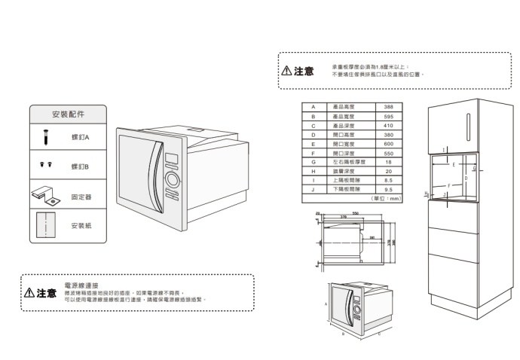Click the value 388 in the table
pyautogui.click(x=388, y=108)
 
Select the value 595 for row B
pyautogui.click(x=388, y=117)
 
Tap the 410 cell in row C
pyautogui.click(x=388, y=126)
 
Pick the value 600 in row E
pyautogui.click(x=388, y=144)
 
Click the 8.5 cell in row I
pyautogui.click(x=388, y=181)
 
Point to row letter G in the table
pyautogui.click(x=312, y=162)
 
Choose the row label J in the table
pyautogui.click(x=312, y=190)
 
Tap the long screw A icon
pyautogui.click(x=45, y=138)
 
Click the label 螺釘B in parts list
pyautogui.click(x=80, y=166)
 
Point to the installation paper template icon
pyautogui.click(x=46, y=224)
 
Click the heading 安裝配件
pyautogui.click(x=69, y=114)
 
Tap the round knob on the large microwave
pyautogui.click(x=171, y=181)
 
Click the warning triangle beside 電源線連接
pyautogui.click(x=29, y=293)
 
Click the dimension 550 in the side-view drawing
pyautogui.click(x=354, y=215)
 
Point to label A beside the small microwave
pyautogui.click(x=326, y=303)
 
